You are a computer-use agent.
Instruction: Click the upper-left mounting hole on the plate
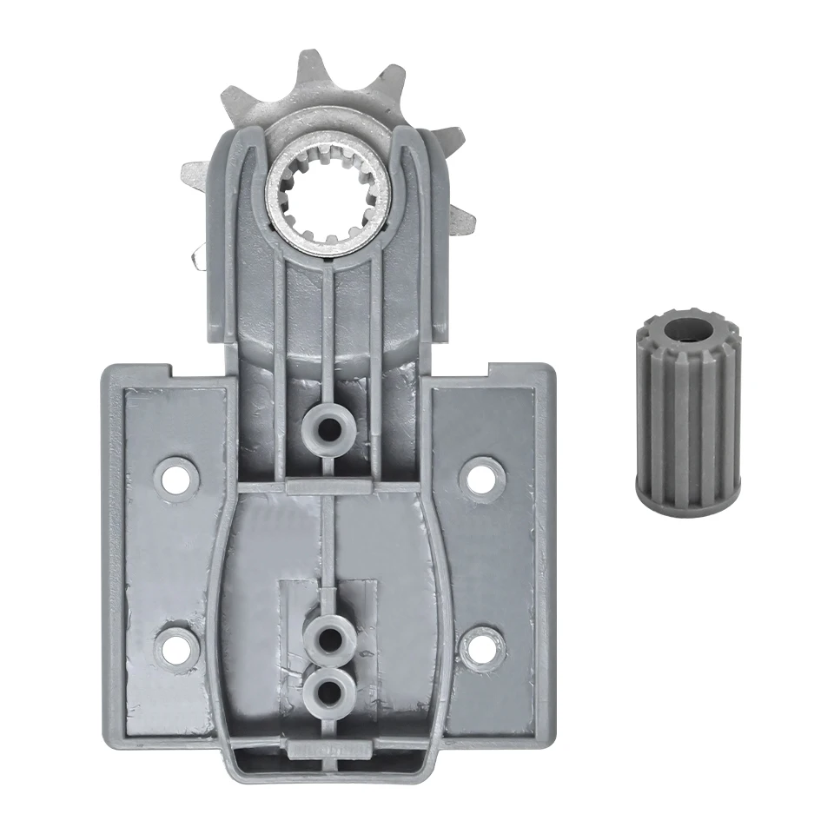click(x=178, y=477)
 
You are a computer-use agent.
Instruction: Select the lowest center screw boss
click(x=329, y=692)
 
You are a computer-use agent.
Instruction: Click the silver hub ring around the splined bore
click(x=283, y=226)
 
